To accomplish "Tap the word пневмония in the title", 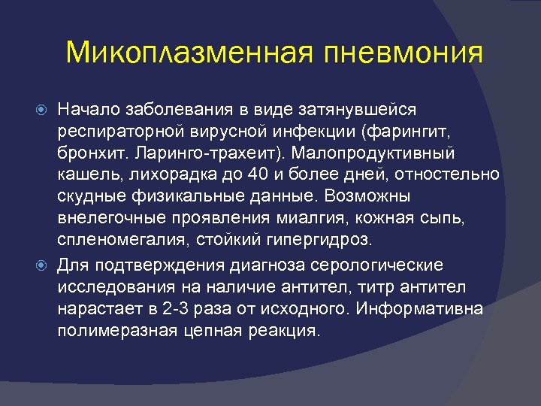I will pos(403,53).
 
